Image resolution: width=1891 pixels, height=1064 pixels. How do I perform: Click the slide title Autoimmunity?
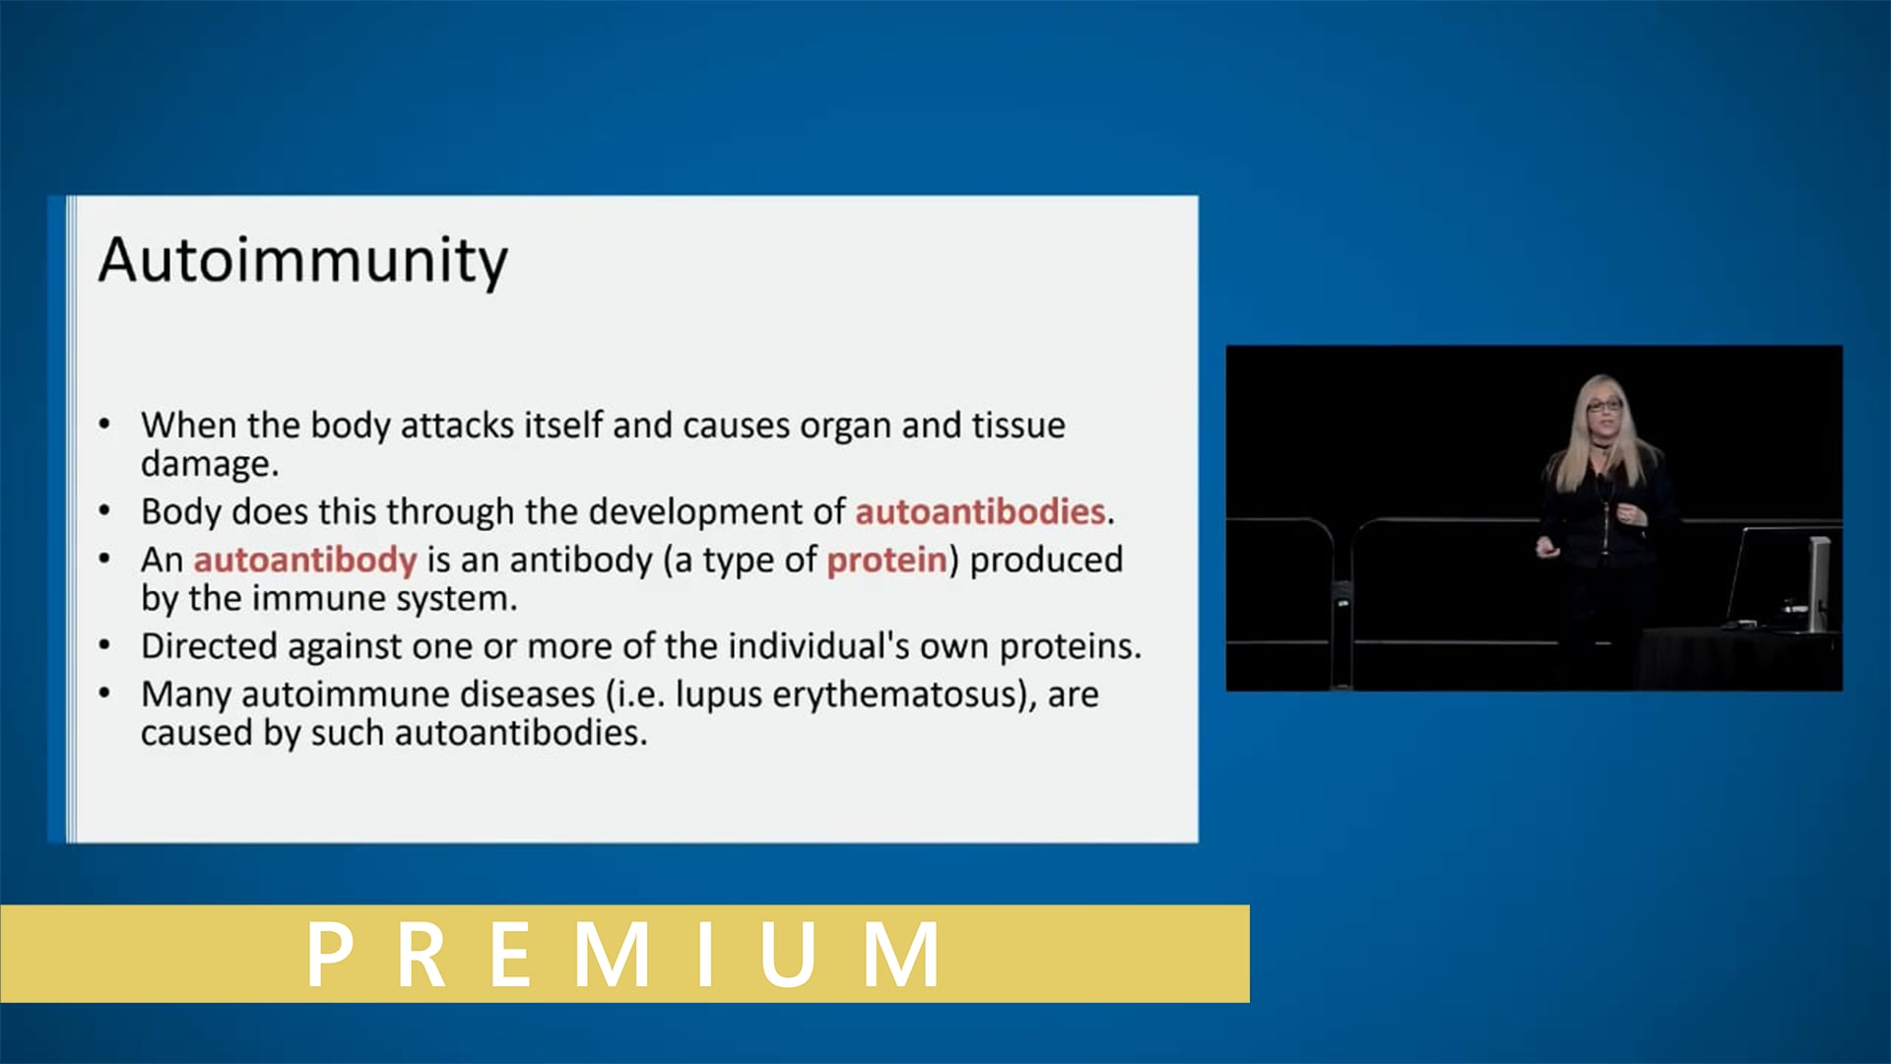coord(302,261)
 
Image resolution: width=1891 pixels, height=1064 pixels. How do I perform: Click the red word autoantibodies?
coord(979,511)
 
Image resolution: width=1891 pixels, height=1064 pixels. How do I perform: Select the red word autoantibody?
coord(304,560)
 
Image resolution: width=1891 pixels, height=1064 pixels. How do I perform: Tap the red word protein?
coord(886,560)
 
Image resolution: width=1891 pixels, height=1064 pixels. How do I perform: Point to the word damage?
coord(208,464)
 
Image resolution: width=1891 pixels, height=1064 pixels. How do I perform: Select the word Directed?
coord(209,646)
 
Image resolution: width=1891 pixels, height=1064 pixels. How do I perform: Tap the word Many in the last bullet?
coord(186,695)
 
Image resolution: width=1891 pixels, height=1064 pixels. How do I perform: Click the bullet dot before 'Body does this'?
coord(104,510)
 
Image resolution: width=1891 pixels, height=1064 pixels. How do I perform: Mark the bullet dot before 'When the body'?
coord(104,425)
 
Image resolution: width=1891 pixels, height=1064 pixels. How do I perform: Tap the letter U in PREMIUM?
coord(788,954)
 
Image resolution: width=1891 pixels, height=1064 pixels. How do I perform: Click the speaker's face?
coord(1603,407)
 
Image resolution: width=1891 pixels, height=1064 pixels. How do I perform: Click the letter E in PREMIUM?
coord(512,954)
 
